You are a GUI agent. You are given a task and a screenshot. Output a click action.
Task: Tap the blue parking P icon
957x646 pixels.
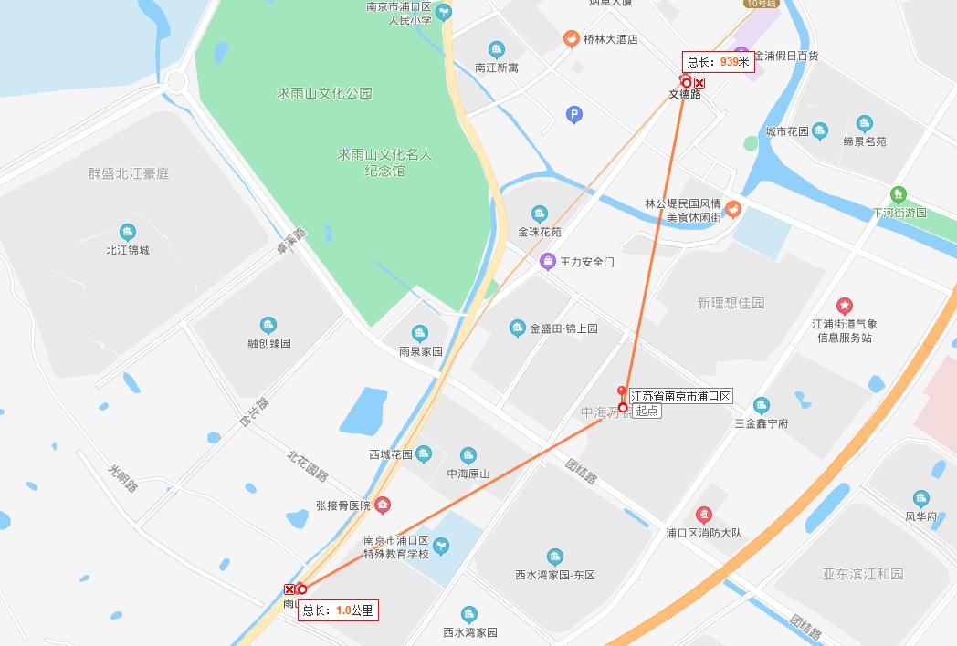574,114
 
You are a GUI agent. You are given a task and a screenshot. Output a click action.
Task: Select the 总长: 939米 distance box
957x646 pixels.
718,62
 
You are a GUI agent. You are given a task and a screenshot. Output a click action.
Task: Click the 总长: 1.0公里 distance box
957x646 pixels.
338,610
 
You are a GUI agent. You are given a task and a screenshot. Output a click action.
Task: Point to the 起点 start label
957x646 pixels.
647,412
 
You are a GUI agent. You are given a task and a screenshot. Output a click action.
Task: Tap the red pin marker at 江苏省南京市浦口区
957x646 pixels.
623,391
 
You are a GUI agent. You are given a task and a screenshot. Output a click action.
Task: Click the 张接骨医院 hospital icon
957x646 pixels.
383,505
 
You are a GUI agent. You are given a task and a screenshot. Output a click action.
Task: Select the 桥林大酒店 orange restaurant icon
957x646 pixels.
571,39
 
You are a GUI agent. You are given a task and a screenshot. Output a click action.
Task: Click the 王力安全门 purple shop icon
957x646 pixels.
547,262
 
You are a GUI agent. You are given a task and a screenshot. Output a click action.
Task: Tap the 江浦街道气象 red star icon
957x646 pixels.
845,306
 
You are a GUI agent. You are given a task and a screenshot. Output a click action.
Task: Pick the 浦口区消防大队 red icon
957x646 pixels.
703,515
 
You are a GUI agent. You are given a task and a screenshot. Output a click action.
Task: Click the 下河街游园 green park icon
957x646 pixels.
899,194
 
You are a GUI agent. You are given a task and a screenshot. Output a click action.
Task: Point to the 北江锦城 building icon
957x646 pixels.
127,232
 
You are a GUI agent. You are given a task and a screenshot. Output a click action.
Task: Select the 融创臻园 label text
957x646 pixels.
268,343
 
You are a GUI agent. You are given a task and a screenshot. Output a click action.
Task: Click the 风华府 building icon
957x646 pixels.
920,498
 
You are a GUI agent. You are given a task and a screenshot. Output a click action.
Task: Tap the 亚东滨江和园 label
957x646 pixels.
862,574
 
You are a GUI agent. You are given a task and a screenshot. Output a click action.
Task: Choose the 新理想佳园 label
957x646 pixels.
731,303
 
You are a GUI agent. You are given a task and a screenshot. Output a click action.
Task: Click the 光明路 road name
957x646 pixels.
121,478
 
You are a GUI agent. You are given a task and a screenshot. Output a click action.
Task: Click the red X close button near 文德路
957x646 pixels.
699,83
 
